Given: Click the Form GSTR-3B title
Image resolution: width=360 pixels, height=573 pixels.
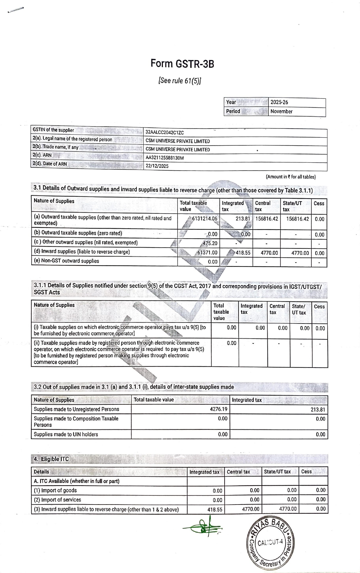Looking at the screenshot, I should (182, 64).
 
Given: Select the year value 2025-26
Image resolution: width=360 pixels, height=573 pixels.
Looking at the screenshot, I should (279, 102).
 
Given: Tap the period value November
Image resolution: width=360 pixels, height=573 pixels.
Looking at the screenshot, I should (281, 111).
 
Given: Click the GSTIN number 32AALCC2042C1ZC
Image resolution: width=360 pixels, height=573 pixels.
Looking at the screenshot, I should (164, 133).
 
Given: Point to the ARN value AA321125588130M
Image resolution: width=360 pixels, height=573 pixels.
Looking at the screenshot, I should (164, 158).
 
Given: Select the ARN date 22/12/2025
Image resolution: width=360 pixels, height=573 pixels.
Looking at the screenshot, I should (157, 166).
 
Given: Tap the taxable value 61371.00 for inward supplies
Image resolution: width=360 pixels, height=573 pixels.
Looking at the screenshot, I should (207, 253).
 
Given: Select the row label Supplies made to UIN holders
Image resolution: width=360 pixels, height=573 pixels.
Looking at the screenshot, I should (66, 434).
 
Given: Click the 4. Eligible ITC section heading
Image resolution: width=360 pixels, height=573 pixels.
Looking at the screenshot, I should (51, 459).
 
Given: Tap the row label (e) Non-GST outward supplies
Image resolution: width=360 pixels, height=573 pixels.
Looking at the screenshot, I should (67, 261).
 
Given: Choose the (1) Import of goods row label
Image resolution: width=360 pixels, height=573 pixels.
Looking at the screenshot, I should (55, 490).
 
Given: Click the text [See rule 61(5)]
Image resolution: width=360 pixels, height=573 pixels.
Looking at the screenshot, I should (180, 81).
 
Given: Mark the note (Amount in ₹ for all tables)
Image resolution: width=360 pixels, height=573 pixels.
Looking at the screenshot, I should (290, 177).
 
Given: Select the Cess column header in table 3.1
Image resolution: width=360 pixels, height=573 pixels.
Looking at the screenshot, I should (319, 203).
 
